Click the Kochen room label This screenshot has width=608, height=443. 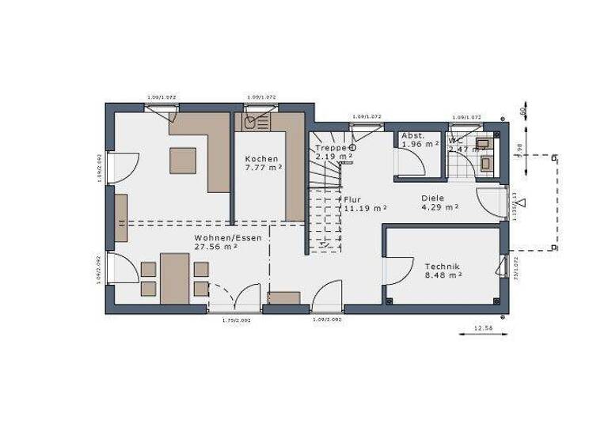[261, 159]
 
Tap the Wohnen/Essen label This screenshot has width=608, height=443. [216, 237]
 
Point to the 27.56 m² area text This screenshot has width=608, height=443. [216, 247]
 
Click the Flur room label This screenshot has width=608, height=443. [353, 199]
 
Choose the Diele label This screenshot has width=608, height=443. [433, 199]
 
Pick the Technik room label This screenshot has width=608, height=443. [443, 267]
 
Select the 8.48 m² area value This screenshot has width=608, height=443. [443, 276]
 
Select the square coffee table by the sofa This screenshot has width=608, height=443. [184, 161]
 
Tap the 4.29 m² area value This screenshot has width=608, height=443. [439, 208]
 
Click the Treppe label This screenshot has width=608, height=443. [329, 148]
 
